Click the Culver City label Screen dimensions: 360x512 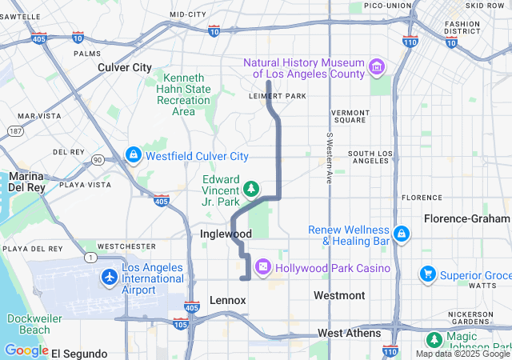click(124, 67)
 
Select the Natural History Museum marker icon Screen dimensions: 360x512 click(376, 69)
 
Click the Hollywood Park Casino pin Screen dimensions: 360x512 click(262, 266)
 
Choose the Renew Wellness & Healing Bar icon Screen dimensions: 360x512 click(401, 234)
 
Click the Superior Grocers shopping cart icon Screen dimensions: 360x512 click(428, 275)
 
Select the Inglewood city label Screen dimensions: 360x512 click(226, 234)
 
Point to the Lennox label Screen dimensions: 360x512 click(227, 300)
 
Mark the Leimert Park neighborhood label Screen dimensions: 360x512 click(279, 96)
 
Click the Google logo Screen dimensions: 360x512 click(26, 350)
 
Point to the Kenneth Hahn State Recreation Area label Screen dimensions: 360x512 click(183, 94)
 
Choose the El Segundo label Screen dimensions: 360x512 click(78, 353)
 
